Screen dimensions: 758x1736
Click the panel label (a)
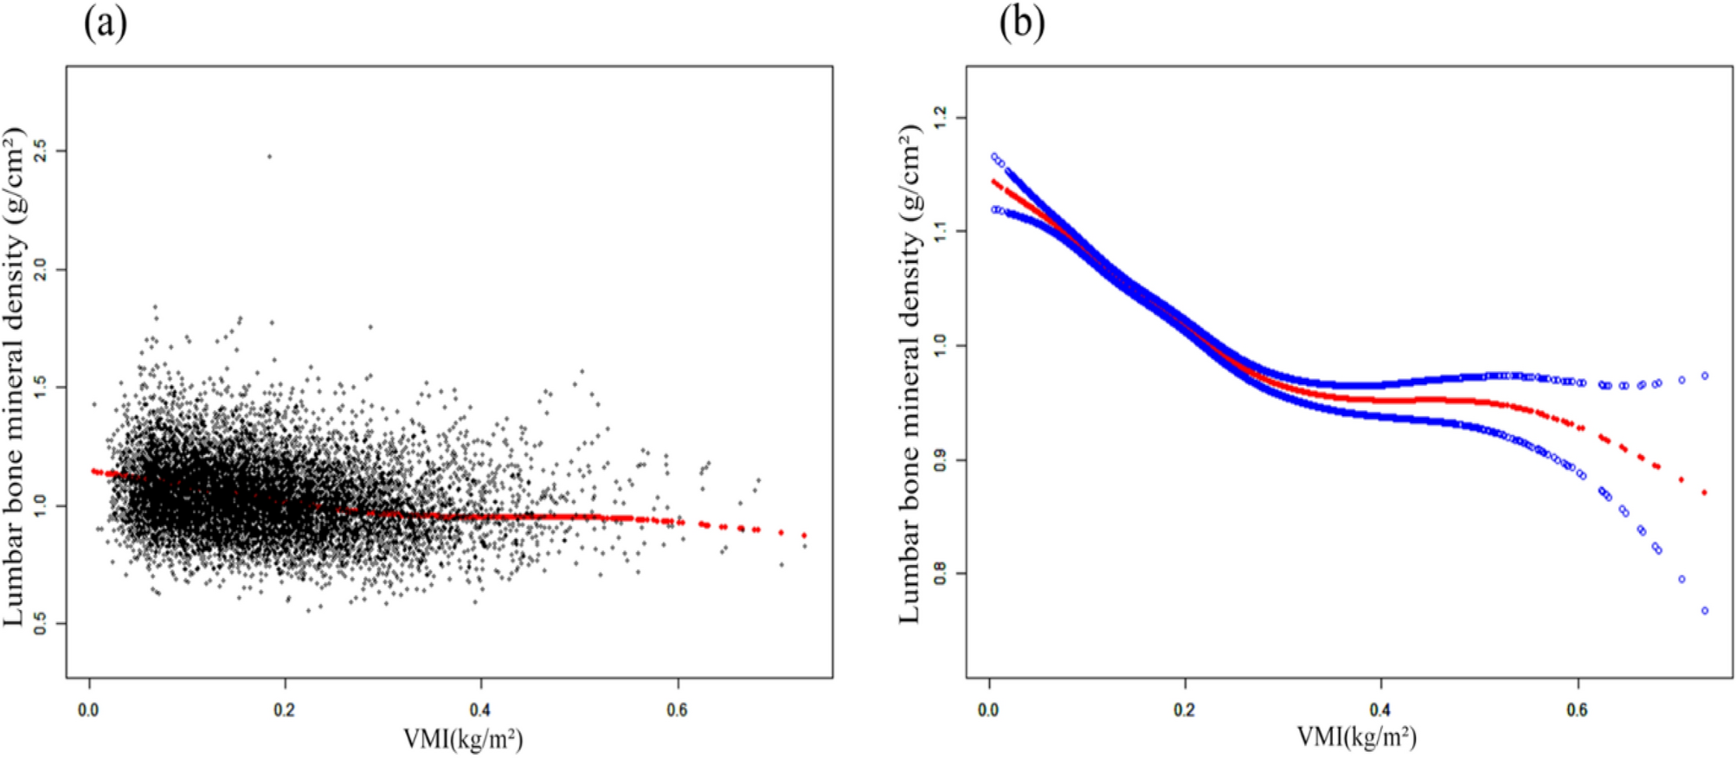pos(105,23)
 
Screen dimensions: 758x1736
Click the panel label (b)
pos(1021,23)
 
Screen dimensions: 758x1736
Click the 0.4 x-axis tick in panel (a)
pos(480,710)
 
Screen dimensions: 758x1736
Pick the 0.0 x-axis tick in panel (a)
pos(88,710)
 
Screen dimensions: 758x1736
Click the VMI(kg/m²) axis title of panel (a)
pos(463,739)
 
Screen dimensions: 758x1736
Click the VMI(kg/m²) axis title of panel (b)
pos(1356,737)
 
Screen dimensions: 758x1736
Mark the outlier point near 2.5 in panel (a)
pos(269,157)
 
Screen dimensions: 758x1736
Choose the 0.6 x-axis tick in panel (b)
pos(1578,710)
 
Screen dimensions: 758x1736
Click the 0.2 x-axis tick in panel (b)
pos(1185,710)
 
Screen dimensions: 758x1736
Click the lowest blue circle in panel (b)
pos(1705,611)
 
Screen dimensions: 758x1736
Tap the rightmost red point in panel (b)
pos(1705,492)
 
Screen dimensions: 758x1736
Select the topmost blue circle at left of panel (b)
pos(994,157)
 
